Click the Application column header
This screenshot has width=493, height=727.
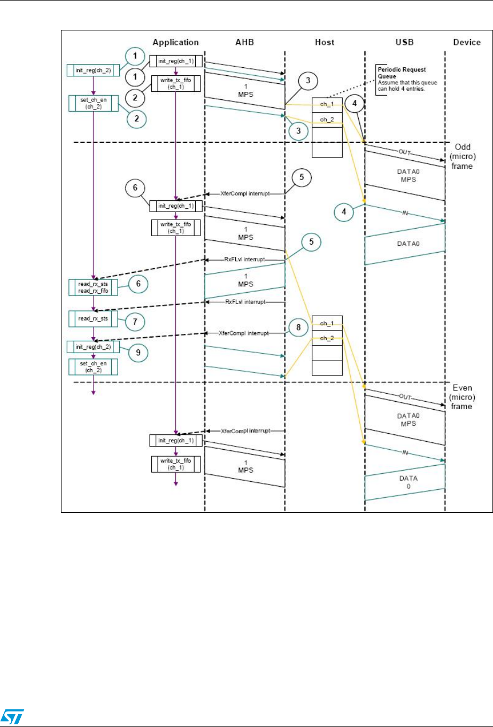coord(175,42)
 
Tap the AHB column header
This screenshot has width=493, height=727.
coord(244,42)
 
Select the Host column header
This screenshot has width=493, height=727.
coord(325,42)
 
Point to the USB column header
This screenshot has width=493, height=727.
coord(404,42)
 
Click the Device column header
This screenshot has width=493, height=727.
coord(466,42)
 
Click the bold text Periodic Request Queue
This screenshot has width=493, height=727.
coord(401,73)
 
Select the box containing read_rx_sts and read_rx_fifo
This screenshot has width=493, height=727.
coord(94,287)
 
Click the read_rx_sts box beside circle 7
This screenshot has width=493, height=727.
coord(94,319)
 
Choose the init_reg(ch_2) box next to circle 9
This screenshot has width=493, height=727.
coord(94,347)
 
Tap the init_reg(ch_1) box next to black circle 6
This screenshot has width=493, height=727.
coord(175,206)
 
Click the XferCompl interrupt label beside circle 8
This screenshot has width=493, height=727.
coord(244,333)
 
